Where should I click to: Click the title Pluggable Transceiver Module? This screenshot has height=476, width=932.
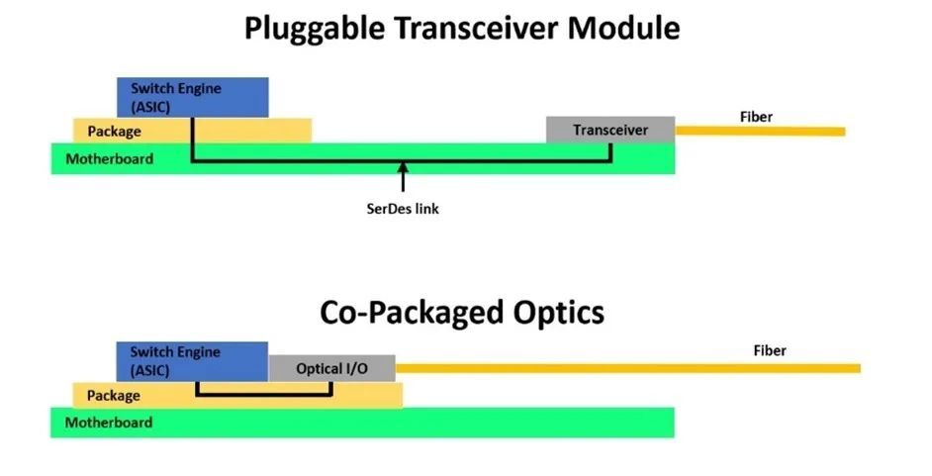click(x=462, y=27)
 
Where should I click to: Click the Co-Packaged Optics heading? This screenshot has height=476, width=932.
click(x=462, y=313)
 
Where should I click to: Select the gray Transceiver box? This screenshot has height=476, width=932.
click(x=609, y=130)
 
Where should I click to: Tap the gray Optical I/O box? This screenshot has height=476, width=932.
click(x=331, y=368)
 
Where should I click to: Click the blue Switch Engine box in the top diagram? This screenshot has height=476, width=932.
click(x=193, y=96)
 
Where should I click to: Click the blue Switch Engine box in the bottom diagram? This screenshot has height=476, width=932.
click(x=192, y=361)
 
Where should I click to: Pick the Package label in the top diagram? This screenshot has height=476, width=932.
click(x=114, y=131)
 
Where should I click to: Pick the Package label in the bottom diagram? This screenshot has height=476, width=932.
click(x=114, y=396)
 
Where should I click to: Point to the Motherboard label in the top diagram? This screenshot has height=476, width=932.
click(x=109, y=158)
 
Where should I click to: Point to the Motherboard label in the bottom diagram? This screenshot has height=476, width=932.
click(x=109, y=423)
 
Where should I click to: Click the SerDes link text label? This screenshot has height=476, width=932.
click(x=403, y=209)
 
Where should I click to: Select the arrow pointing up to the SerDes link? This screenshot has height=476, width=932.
click(x=403, y=179)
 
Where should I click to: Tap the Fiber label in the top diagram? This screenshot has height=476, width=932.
click(x=756, y=117)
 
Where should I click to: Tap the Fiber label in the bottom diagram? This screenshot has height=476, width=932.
click(x=770, y=350)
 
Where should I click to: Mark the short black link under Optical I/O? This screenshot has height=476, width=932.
click(x=265, y=396)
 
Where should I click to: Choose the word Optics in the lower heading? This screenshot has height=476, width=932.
click(x=551, y=313)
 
